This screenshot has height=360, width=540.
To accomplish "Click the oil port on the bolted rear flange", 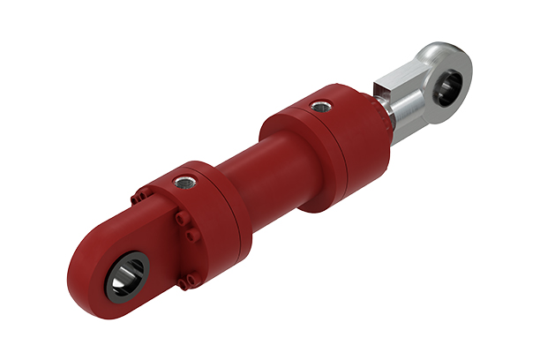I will click(184, 183).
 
